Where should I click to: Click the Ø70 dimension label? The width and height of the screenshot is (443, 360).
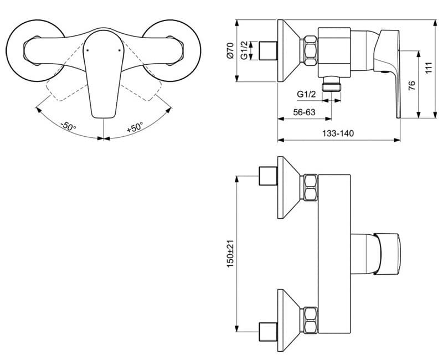point(230,50)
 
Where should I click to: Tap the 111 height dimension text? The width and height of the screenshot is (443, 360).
point(429,68)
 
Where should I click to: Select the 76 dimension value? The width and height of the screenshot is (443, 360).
point(412,86)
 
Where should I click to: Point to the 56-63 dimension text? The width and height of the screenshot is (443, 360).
point(304,112)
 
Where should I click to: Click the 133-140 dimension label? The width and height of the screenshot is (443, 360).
point(338,133)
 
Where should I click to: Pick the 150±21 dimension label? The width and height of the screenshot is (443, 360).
point(230,254)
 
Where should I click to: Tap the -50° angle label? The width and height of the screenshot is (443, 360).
point(68,126)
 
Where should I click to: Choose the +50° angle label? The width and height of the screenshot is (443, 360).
point(135,127)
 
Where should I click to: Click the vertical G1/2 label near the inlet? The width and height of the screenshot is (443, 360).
point(244,50)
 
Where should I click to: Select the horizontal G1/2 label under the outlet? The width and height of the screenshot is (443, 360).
point(307,94)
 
